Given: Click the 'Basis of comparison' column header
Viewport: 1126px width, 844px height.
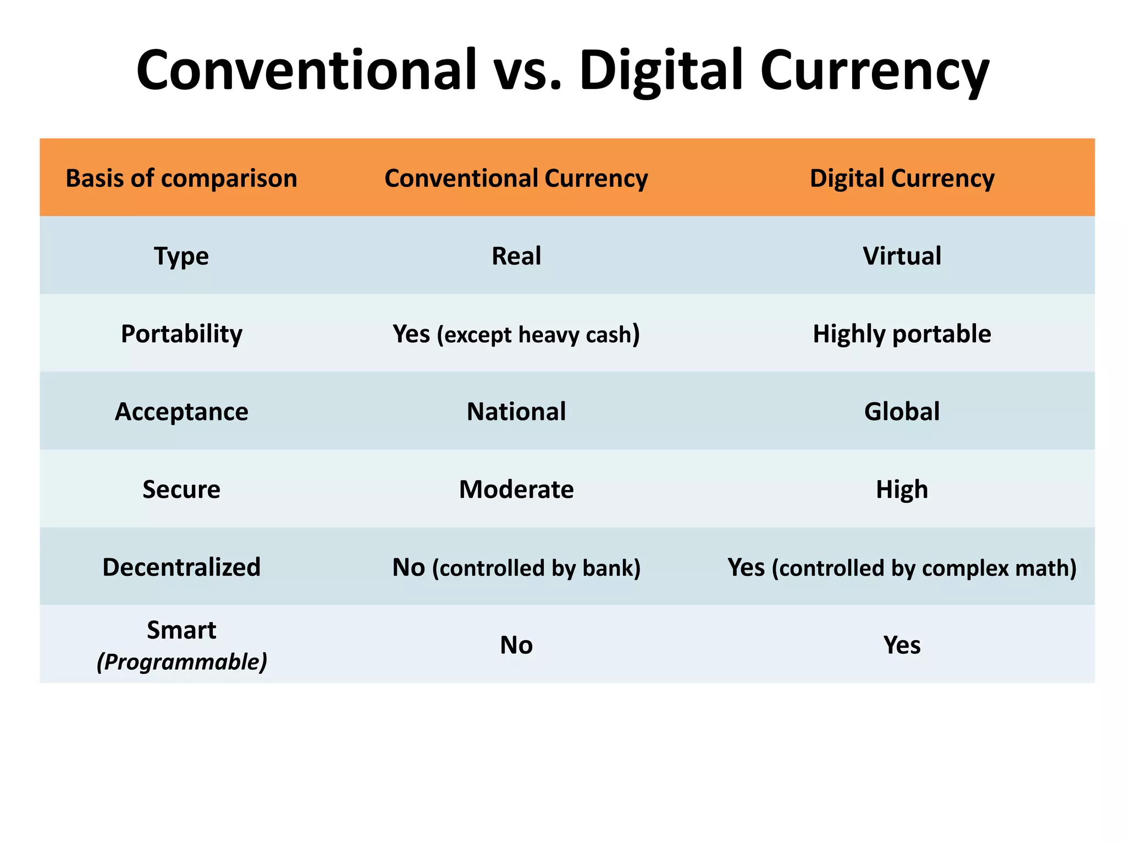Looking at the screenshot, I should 181,178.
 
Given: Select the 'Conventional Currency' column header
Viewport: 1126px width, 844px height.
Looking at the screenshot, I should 516,178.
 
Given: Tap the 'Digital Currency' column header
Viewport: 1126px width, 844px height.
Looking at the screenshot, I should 902,178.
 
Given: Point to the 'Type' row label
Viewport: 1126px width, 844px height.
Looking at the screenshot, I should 181,256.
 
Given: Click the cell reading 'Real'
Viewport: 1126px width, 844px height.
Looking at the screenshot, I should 516,256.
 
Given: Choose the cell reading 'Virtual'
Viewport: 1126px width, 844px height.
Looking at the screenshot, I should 902,256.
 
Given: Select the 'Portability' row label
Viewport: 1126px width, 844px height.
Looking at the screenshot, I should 181,334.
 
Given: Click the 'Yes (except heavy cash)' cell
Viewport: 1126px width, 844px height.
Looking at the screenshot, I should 516,334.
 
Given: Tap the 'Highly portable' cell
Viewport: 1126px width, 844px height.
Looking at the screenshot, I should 902,334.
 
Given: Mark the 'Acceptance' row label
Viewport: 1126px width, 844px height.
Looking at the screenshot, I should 181,412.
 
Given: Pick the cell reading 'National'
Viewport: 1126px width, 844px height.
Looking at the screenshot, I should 516,412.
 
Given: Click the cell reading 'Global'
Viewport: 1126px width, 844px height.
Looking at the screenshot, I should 902,412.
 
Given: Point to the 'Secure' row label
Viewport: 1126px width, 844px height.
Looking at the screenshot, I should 181,489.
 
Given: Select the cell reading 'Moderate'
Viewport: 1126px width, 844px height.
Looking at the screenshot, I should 516,489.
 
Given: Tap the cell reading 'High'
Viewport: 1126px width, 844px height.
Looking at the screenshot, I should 902,489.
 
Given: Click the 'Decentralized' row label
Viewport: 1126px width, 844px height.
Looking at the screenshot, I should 181,567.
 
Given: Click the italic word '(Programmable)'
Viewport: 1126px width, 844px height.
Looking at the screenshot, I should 182,662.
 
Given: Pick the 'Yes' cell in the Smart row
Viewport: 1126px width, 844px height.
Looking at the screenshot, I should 902,645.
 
